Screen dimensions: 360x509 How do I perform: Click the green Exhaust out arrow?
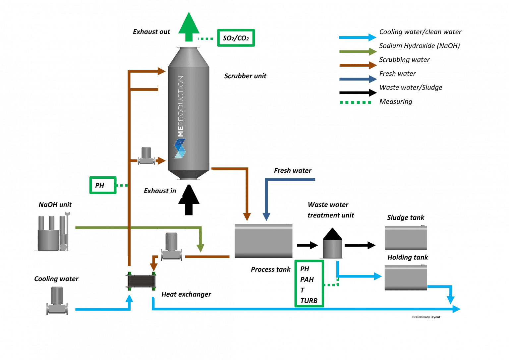click(x=189, y=28)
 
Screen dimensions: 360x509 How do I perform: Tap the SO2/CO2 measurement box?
click(x=236, y=38)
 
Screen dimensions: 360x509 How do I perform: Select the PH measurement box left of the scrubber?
click(x=103, y=185)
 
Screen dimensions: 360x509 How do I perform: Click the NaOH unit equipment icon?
click(x=52, y=233)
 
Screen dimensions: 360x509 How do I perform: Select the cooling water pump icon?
click(x=57, y=301)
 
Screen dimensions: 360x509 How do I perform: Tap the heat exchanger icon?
click(x=141, y=281)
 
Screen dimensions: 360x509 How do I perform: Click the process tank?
click(x=263, y=241)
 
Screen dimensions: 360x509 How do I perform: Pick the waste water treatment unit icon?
click(x=332, y=244)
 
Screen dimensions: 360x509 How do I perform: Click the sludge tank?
click(x=406, y=238)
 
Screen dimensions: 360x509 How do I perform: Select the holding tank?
click(x=406, y=277)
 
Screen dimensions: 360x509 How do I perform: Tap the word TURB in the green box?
click(x=309, y=301)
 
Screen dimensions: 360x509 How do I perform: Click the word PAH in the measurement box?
click(x=307, y=279)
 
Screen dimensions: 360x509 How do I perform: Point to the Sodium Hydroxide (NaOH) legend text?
click(x=419, y=46)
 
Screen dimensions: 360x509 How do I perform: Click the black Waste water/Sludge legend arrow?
click(x=358, y=92)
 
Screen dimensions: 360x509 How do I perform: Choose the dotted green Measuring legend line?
click(x=356, y=102)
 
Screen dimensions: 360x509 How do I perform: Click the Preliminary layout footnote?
click(x=426, y=317)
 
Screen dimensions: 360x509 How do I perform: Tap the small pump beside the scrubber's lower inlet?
click(x=146, y=156)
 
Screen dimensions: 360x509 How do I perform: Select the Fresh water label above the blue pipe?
click(x=293, y=171)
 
